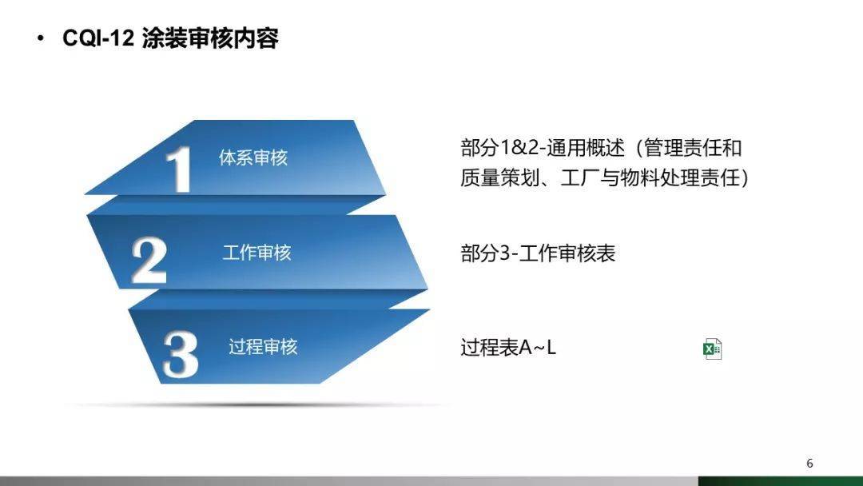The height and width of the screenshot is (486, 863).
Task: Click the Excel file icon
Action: [713, 349]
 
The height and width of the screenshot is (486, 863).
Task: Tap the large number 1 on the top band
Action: [178, 169]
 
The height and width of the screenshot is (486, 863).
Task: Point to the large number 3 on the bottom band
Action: [181, 354]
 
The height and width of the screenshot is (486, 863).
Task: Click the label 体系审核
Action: [253, 157]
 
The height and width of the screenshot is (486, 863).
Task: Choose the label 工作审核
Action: [257, 253]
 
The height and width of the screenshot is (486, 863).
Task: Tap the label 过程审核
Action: [263, 347]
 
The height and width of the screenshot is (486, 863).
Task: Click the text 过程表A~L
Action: [508, 348]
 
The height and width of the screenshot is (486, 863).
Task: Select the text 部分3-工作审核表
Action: [538, 253]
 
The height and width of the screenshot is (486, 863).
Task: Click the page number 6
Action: [809, 464]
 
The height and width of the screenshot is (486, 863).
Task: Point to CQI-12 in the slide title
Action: [98, 39]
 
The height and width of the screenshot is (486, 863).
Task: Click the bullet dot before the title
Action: [41, 39]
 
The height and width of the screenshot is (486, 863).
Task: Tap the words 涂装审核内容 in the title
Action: [210, 39]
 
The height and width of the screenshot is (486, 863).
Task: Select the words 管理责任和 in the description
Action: [693, 148]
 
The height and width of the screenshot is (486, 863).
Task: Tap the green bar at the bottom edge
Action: [780, 481]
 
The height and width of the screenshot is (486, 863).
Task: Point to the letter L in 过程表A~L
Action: [551, 348]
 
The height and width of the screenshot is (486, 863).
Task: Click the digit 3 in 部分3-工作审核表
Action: [503, 253]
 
